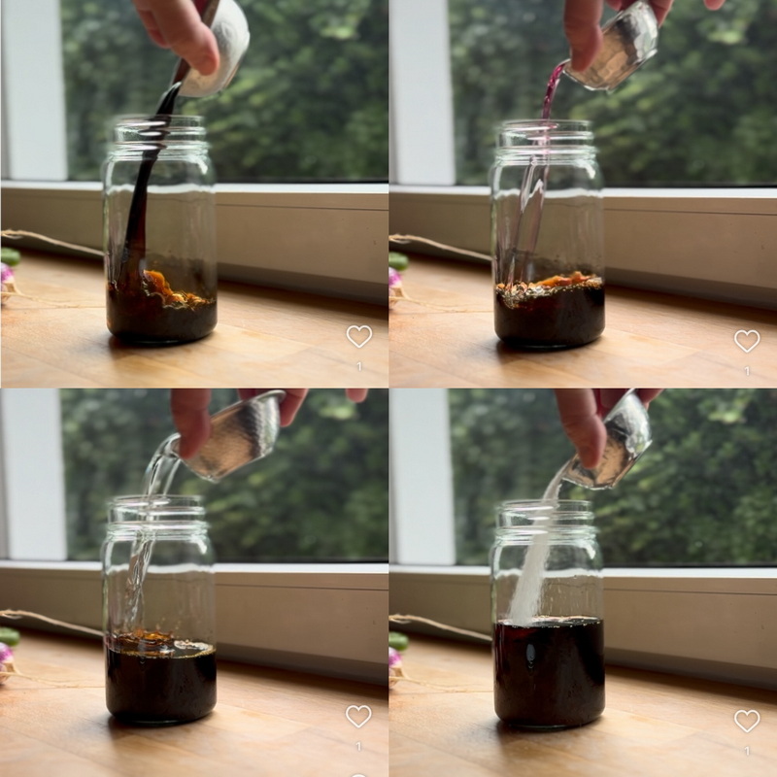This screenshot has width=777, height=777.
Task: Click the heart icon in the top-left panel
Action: click(358, 336)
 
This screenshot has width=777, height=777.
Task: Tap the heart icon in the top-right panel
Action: click(747, 341)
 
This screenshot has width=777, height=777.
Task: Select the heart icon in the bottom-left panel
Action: click(358, 717)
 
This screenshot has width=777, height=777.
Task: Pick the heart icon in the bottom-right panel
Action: click(747, 721)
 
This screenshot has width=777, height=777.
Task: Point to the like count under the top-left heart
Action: click(359, 367)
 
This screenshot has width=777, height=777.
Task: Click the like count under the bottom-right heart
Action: click(747, 751)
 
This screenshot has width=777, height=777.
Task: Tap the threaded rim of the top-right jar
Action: click(545, 135)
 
